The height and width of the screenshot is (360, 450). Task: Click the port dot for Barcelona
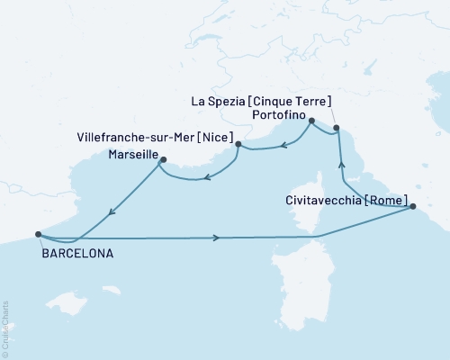[38, 234]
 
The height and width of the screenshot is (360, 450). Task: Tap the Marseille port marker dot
[163, 160]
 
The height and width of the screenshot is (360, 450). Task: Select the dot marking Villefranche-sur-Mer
[238, 144]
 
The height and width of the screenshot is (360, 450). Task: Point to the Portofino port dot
[311, 121]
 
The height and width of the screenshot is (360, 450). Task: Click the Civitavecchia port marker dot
[413, 207]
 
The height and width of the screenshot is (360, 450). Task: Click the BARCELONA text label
[76, 255]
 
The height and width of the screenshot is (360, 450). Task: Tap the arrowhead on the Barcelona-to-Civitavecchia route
[217, 238]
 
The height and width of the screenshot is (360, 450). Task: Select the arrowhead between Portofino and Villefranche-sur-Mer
[281, 142]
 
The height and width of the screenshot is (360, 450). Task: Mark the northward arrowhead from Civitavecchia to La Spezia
[341, 164]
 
